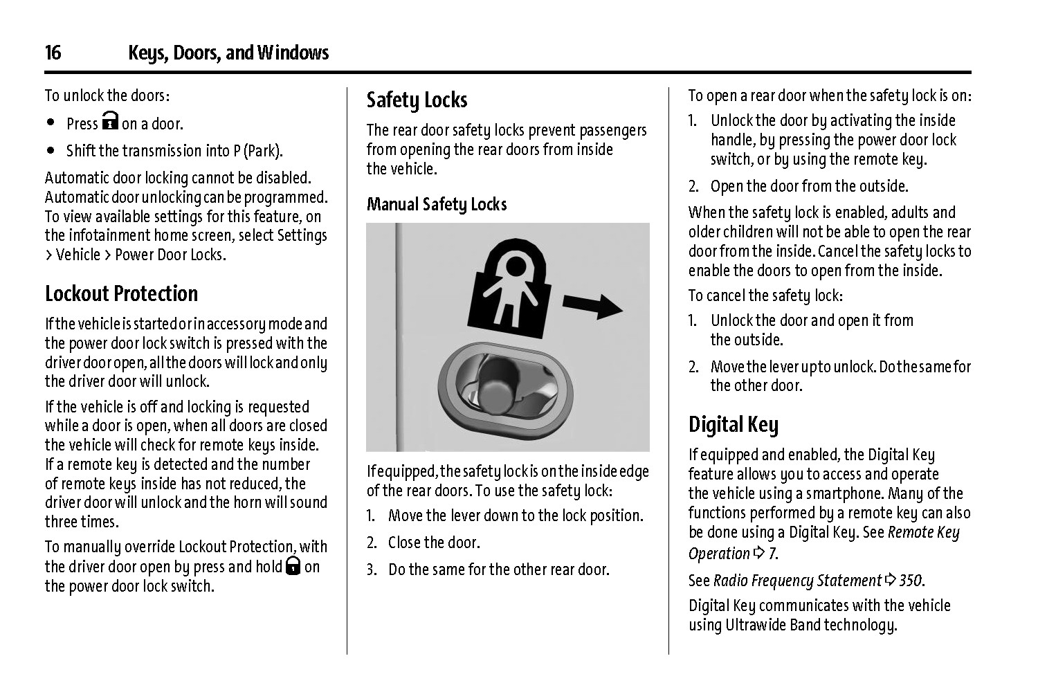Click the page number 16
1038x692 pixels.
(x=53, y=53)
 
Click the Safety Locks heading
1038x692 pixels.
(x=417, y=100)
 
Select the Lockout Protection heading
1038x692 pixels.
(x=121, y=294)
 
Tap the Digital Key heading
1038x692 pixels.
(x=733, y=424)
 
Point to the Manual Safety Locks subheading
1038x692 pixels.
(x=436, y=204)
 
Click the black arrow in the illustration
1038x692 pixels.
(x=592, y=305)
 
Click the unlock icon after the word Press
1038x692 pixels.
(x=110, y=122)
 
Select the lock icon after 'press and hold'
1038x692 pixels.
(x=293, y=567)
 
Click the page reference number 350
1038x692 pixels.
(x=911, y=581)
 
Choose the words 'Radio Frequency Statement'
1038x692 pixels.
(x=797, y=581)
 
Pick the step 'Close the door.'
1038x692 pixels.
(x=433, y=543)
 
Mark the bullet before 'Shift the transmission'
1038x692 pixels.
(x=51, y=150)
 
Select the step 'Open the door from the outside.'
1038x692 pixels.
(x=809, y=186)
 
